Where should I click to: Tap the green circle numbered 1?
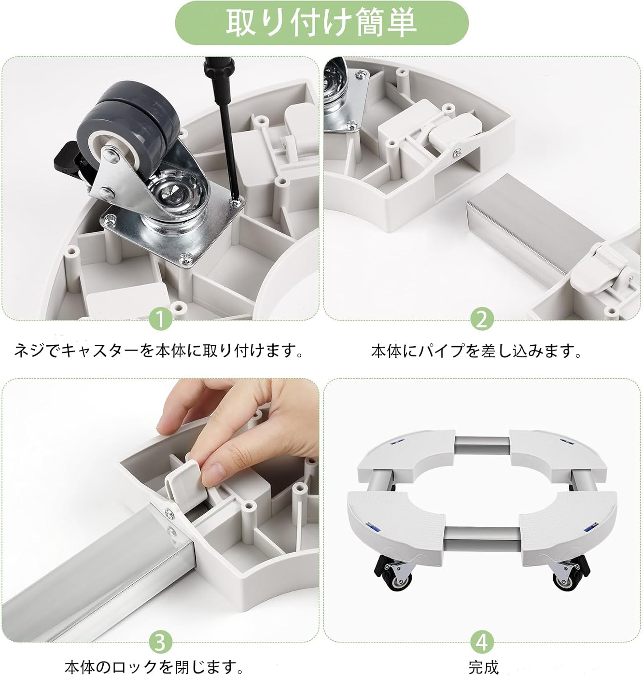(x=161, y=319)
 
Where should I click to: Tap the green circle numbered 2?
(x=482, y=319)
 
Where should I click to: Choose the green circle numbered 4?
(x=482, y=642)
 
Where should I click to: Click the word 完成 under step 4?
(x=483, y=666)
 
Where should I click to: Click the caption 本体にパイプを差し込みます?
(x=476, y=350)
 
